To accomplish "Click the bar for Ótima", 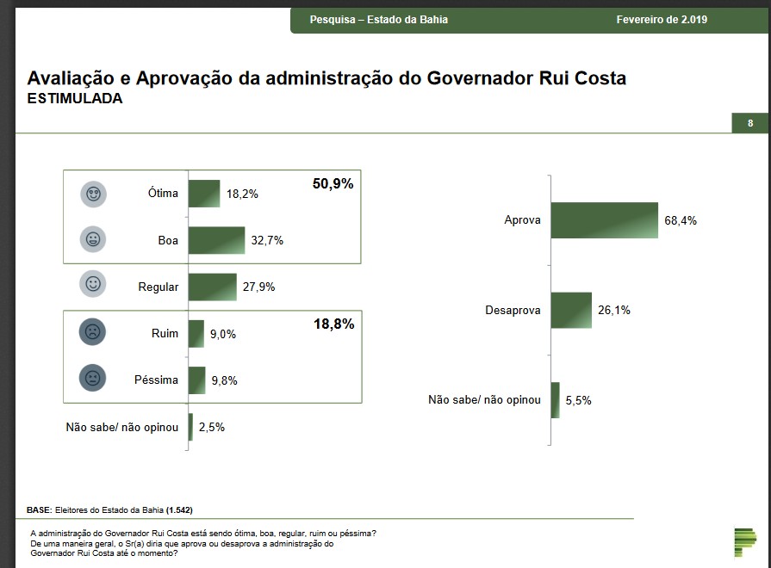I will pos(204,194).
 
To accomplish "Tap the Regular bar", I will pos(212,287).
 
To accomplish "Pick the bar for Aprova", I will pos(604,220).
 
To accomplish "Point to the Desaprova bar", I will pos(571,310).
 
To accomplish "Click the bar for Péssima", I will pos(196,380).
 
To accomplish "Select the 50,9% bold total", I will pos(333,183).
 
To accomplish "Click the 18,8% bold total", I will pos(333,324).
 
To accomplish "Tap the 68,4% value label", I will pos(681,220).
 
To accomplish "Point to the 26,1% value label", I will pos(614,310).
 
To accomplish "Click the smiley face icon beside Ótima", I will pos(92,194).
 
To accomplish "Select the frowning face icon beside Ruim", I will pos(92,332).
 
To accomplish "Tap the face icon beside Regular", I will pos(92,284).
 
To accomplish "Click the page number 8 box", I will pos(750,123).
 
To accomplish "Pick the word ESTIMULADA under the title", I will pos(75,99).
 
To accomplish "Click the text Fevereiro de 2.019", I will pos(662,20).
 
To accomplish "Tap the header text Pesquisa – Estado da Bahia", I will pos(379,20).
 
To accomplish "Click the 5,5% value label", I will pos(579,400).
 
